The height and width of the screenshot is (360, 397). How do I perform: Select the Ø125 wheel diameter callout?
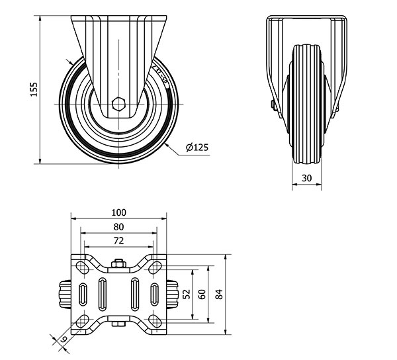[197, 148]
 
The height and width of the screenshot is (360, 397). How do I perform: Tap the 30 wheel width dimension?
[306, 177]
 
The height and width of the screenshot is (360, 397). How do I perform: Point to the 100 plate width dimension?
[119, 212]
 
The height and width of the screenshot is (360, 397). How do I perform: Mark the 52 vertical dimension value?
[186, 292]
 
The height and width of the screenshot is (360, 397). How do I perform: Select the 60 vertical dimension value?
[202, 292]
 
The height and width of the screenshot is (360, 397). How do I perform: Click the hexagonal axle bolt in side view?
[118, 103]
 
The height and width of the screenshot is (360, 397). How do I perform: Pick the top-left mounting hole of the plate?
[82, 266]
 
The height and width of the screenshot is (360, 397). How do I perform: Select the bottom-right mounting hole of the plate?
[156, 320]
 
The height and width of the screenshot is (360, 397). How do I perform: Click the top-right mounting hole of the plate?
[156, 266]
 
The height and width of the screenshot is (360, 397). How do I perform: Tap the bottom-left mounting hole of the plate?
[82, 320]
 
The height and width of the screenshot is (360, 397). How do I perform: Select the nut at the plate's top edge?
[119, 265]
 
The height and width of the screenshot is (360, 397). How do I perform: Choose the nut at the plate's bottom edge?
[119, 323]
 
